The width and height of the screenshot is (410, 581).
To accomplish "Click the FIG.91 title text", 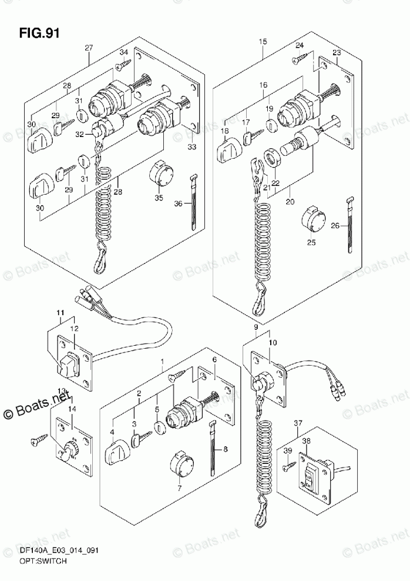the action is click(x=39, y=34).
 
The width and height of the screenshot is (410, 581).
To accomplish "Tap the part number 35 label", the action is click(x=159, y=198).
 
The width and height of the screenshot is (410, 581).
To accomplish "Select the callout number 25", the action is click(x=311, y=243).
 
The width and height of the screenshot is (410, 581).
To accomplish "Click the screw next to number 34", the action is click(x=123, y=65).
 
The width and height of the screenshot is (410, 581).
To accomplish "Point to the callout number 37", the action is click(x=298, y=423).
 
